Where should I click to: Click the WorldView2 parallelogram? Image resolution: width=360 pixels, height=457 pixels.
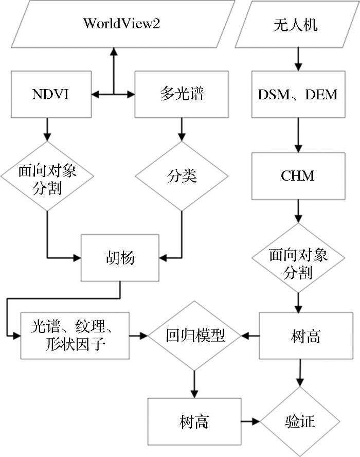121,24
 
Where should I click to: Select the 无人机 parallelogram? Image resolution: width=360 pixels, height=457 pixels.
296,24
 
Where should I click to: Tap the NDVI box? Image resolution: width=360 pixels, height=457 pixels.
47,95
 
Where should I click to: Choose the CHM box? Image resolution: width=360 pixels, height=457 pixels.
298,176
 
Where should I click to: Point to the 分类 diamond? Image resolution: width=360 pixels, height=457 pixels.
182,176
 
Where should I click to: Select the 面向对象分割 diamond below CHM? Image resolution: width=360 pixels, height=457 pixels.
298,263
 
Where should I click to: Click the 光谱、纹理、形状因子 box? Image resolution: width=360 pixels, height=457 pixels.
75,336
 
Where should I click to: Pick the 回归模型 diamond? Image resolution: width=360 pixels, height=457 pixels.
195,336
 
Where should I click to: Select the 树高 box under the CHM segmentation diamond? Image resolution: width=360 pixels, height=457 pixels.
298,336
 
